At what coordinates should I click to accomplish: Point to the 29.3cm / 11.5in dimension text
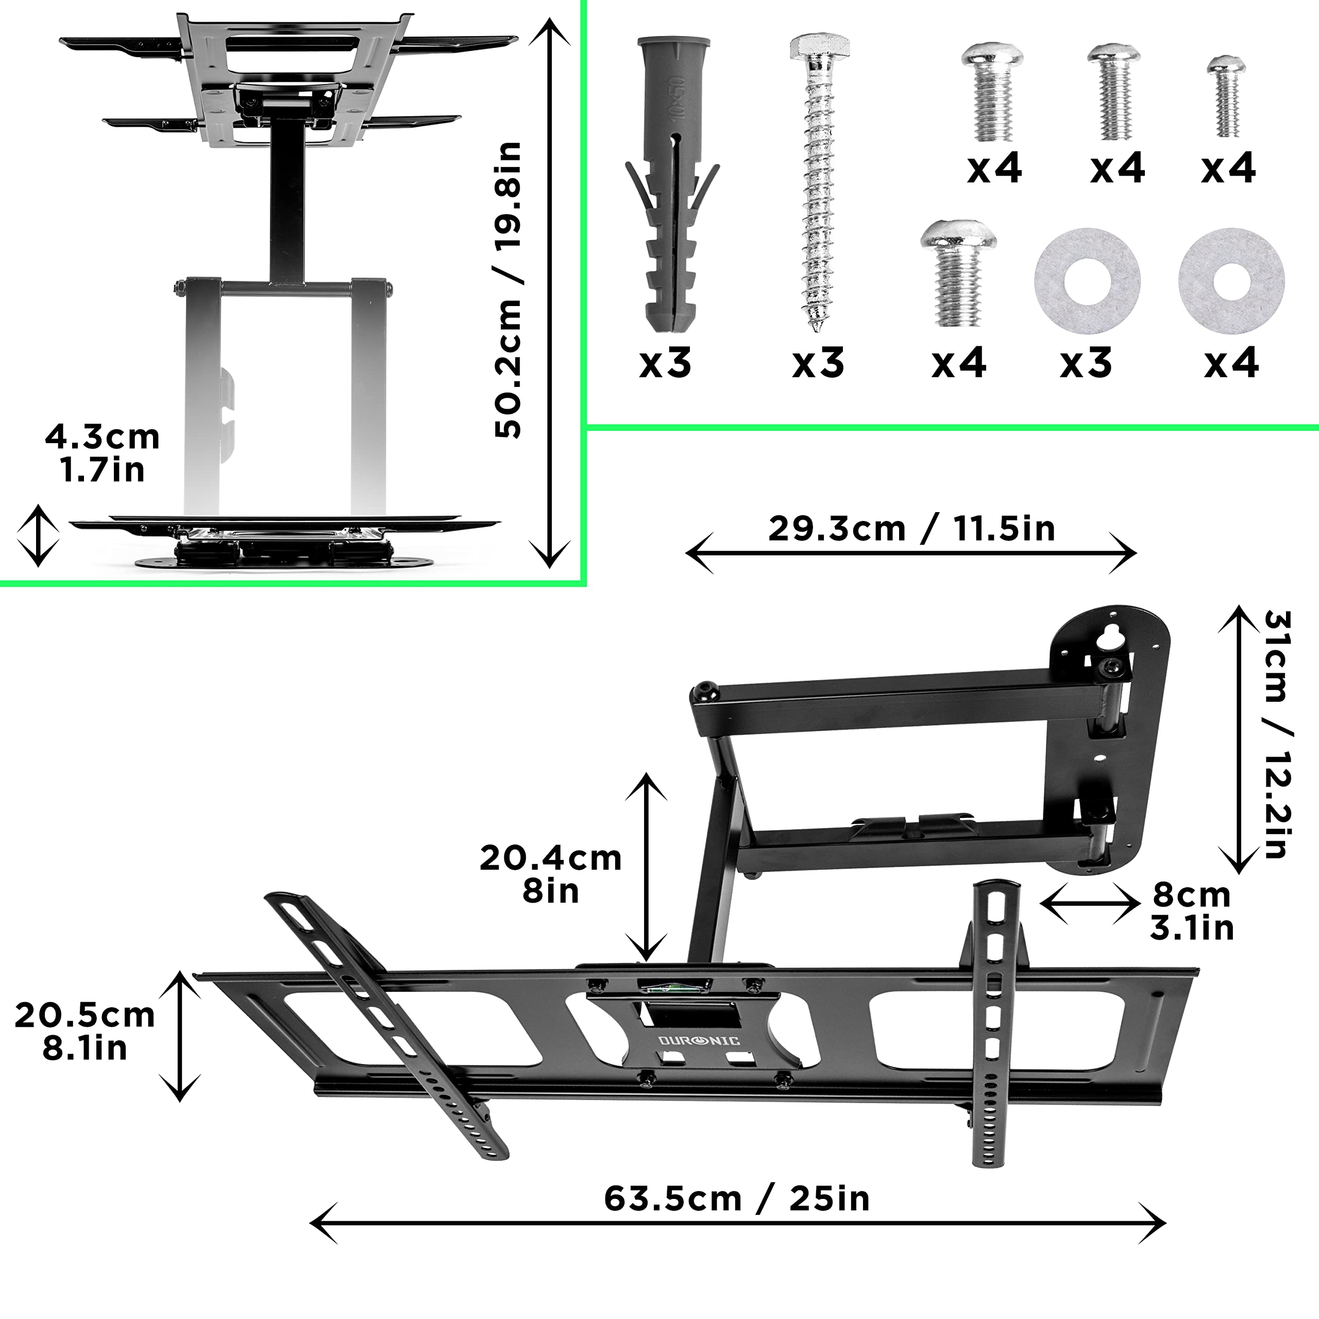pyautogui.click(x=911, y=529)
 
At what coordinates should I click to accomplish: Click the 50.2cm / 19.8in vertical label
pyautogui.click(x=509, y=290)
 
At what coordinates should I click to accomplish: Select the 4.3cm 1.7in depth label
pyautogui.click(x=103, y=453)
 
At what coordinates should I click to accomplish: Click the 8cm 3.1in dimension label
pyautogui.click(x=1191, y=911)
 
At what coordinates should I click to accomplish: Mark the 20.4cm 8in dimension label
pyautogui.click(x=550, y=874)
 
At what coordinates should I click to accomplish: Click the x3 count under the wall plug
pyautogui.click(x=665, y=363)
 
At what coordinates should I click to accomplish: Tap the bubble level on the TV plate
pyautogui.click(x=674, y=985)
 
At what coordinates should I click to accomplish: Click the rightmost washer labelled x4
pyautogui.click(x=1231, y=280)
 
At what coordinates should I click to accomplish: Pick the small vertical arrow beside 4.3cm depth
pyautogui.click(x=38, y=536)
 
